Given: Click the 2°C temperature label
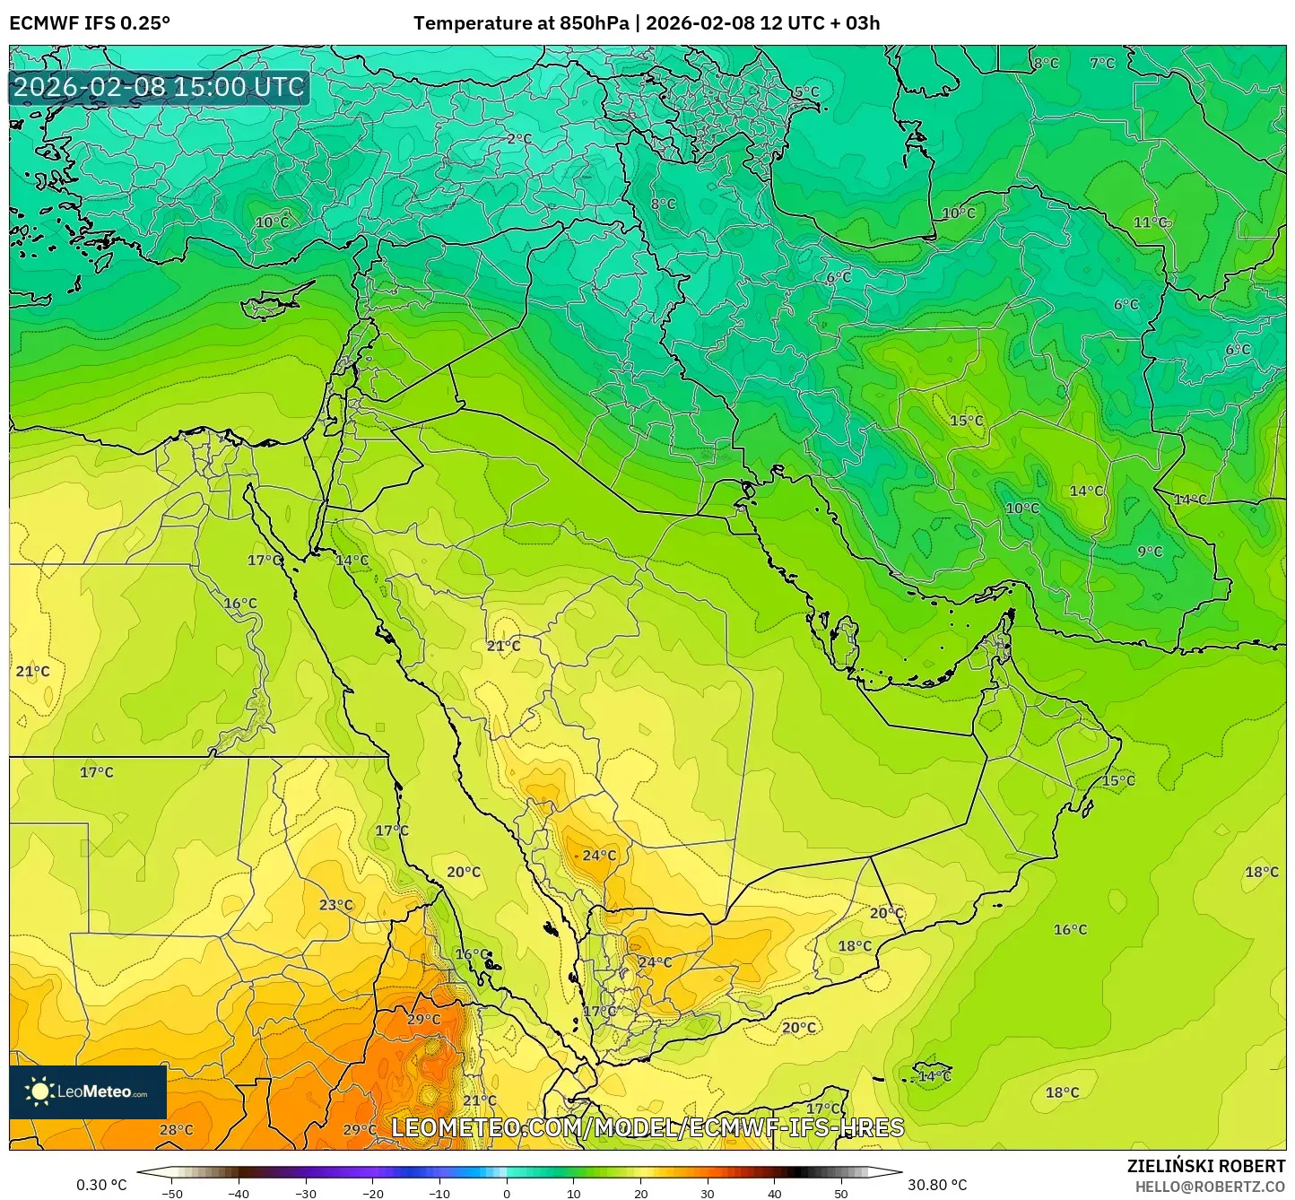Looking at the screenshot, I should coord(518,139).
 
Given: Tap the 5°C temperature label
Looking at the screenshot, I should coord(806,91).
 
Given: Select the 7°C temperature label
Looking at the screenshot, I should coord(1102,64).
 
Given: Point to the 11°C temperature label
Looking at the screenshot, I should coord(1150,222).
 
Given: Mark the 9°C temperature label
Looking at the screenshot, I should coord(1150,552).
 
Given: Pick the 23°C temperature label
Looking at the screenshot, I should coord(336,905).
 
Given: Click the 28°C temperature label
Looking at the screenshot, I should coord(176,1130).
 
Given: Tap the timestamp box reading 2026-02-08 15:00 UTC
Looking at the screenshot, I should coord(159,88).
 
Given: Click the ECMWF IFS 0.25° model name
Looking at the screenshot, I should coord(90,23).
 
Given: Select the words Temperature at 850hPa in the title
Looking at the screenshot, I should coord(520,23).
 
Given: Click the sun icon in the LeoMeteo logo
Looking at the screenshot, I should coord(39,1091).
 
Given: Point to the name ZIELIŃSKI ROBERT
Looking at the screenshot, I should coord(1205,1166).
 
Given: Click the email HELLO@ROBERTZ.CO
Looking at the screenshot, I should coord(1210,1187).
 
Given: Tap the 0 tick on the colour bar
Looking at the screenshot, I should coord(507,1193).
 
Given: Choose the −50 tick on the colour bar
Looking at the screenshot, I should coord(171,1193).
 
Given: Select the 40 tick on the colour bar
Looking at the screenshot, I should coord(775,1193).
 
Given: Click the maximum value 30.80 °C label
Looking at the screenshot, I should coord(937,1186).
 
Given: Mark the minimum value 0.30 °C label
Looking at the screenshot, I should coord(101,1186).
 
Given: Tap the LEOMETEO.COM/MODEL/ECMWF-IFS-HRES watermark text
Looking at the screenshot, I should coord(647,1127).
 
